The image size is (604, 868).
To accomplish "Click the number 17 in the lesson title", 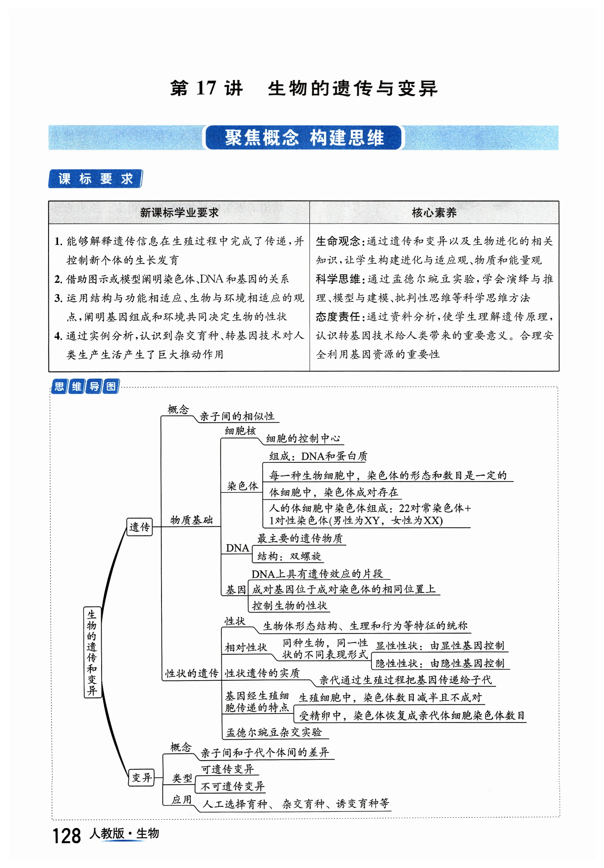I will (x=206, y=88).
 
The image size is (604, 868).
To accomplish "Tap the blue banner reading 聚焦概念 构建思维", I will (x=304, y=138).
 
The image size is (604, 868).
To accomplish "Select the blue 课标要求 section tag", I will (x=95, y=179).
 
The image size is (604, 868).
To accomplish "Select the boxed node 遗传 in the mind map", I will (x=139, y=527).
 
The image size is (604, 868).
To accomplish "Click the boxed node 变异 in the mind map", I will (x=141, y=778).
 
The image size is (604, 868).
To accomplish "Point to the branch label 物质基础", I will (x=191, y=520).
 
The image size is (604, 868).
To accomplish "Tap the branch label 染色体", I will (x=242, y=486).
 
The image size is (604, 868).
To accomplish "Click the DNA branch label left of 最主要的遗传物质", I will (x=237, y=548).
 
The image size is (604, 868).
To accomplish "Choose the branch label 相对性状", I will (x=246, y=647).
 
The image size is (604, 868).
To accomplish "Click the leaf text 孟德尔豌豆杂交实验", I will (x=274, y=732).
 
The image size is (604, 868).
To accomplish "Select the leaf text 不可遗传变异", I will (x=232, y=786).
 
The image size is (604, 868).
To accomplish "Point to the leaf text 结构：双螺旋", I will (x=289, y=556).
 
